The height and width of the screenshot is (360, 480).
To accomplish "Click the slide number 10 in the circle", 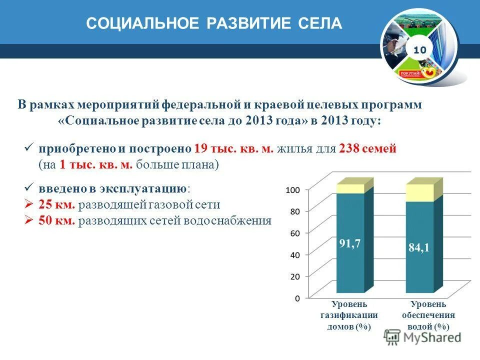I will click(x=419, y=49).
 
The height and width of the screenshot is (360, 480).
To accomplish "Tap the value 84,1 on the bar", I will click(x=419, y=247).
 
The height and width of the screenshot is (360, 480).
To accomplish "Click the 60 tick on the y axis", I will click(x=294, y=233).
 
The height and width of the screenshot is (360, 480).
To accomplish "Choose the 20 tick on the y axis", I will click(x=294, y=276).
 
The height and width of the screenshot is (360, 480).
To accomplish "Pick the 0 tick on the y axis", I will click(x=296, y=298).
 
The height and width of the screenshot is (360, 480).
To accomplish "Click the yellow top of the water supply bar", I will click(x=419, y=193).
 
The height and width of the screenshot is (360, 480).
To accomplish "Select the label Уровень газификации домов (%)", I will click(x=349, y=315).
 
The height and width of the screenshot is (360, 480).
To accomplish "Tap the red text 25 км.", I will click(x=57, y=204).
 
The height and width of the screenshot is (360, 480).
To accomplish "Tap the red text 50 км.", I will click(x=57, y=220).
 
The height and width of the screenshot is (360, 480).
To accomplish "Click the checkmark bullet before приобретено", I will click(x=28, y=148).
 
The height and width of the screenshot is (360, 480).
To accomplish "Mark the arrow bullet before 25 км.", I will click(x=28, y=204).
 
